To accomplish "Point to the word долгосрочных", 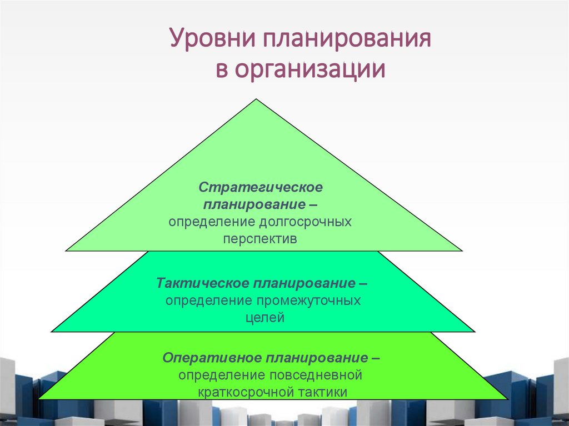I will (x=305, y=222).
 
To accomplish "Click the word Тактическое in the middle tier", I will (x=202, y=283).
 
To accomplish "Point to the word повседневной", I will (x=316, y=375).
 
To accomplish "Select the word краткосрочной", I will (x=246, y=392).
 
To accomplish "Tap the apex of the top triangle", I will (x=256, y=99).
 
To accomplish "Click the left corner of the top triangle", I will (x=66, y=251).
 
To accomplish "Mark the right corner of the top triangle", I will (x=462, y=251).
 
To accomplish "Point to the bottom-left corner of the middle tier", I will (x=51, y=332).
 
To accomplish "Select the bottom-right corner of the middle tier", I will (x=475, y=332).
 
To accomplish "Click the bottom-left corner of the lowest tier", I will (x=38, y=399).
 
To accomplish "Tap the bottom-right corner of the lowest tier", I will (x=507, y=399).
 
